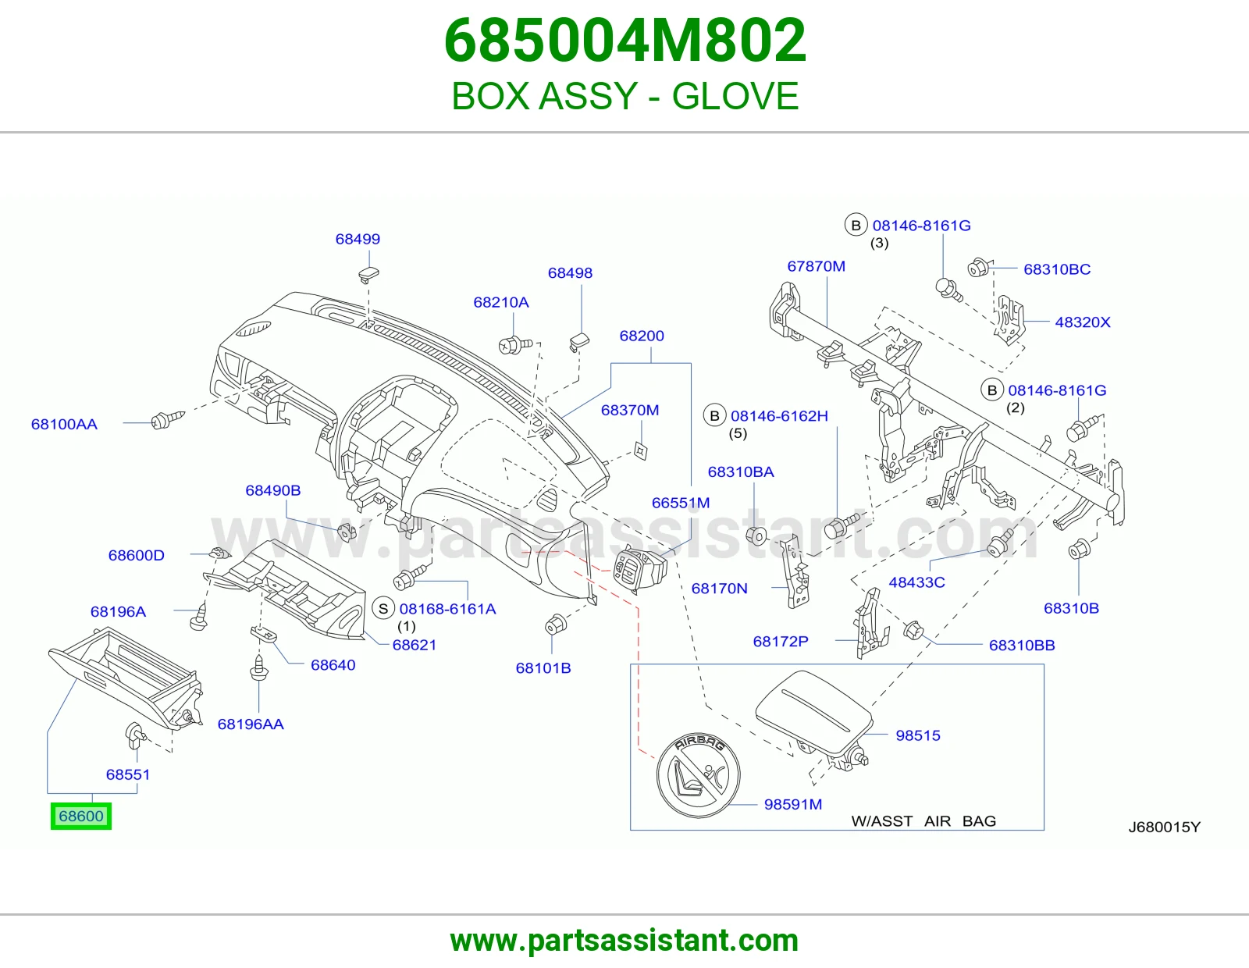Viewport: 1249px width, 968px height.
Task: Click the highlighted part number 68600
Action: pos(81,817)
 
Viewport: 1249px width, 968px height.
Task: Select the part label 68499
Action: pos(358,239)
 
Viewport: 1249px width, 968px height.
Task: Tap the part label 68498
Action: pos(570,273)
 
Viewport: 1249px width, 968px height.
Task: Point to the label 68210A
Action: pos(500,302)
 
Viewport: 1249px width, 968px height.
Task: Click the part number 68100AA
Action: pos(64,424)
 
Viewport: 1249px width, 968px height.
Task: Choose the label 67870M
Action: pos(817,266)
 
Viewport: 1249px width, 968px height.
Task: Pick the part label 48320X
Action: pos(1082,322)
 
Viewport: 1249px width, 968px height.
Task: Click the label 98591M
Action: pos(792,804)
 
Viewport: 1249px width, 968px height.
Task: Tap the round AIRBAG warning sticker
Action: pos(699,775)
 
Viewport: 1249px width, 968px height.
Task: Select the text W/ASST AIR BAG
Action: pos(923,820)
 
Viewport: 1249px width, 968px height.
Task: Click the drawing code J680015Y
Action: pos(1165,827)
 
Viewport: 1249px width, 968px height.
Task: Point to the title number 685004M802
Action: pos(624,40)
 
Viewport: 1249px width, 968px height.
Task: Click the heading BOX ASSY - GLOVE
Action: pos(624,95)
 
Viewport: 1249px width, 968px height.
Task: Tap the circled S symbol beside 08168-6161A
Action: pos(383,608)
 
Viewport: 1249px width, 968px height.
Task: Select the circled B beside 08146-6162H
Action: pos(714,415)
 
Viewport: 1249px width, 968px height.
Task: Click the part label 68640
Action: pos(333,665)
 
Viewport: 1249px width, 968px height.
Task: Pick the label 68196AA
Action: pos(251,724)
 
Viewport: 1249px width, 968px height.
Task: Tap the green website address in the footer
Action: pos(624,941)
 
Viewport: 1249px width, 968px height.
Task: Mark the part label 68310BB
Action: pos(1022,645)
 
